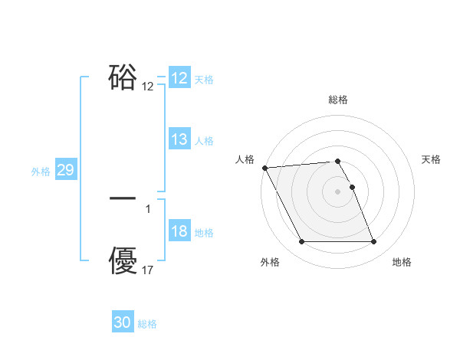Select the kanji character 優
tap(123, 261)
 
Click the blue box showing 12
tap(179, 78)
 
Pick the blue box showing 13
tap(179, 139)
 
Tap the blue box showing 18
tap(179, 232)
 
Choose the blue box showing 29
tap(65, 171)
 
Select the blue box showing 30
tap(123, 323)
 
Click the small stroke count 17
tap(148, 270)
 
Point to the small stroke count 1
tap(148, 208)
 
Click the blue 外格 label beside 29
tap(41, 172)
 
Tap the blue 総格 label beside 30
tap(147, 324)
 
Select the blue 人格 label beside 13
tap(204, 140)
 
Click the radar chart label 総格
tap(338, 100)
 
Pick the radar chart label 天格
tap(432, 159)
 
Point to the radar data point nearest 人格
tap(264, 168)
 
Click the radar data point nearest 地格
tap(374, 242)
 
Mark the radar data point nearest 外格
tap(301, 242)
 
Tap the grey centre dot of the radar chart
tap(338, 191)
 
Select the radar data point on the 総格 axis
tap(338, 161)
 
